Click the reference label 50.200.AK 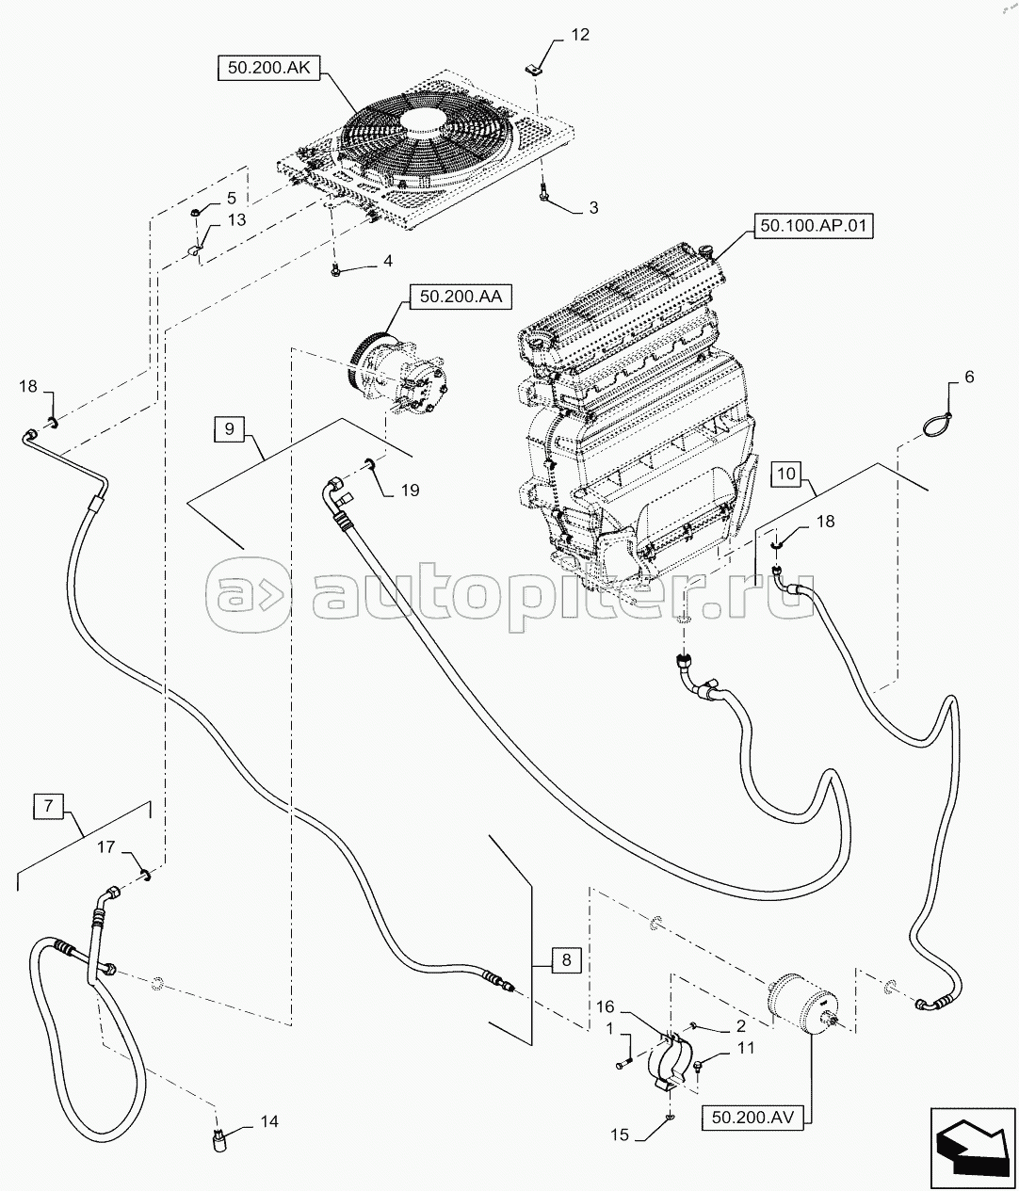268,69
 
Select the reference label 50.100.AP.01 814,225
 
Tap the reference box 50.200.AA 461,297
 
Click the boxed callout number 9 230,429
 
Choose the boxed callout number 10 786,474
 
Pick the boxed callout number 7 48,806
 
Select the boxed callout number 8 567,959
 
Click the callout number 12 580,35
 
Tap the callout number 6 969,377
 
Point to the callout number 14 269,1122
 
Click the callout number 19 410,491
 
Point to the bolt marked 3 542,192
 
